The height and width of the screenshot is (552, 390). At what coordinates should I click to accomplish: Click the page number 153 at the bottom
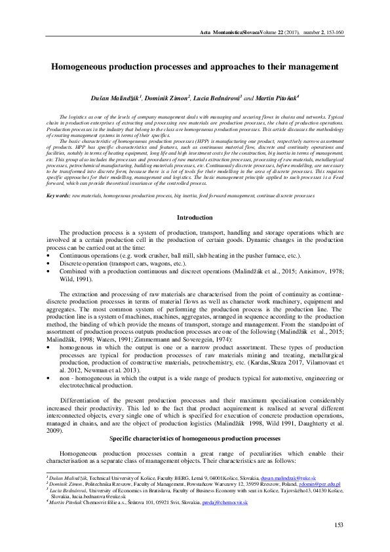click(x=339, y=524)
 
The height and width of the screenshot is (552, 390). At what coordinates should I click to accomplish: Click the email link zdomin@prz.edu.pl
click(x=319, y=486)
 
